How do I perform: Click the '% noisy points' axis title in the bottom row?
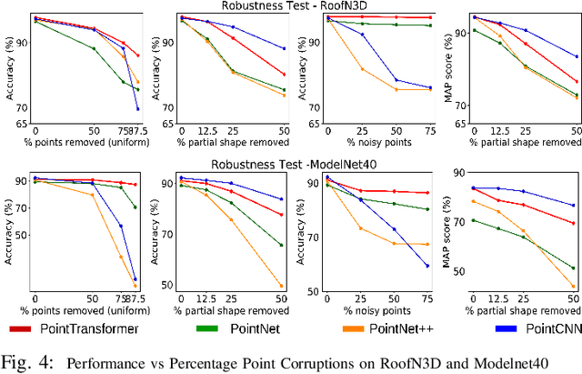click(x=367, y=309)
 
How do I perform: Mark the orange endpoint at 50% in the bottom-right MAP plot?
click(x=573, y=287)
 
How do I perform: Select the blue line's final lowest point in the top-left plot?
click(x=137, y=109)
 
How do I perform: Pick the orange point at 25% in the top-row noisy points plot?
click(x=362, y=69)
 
